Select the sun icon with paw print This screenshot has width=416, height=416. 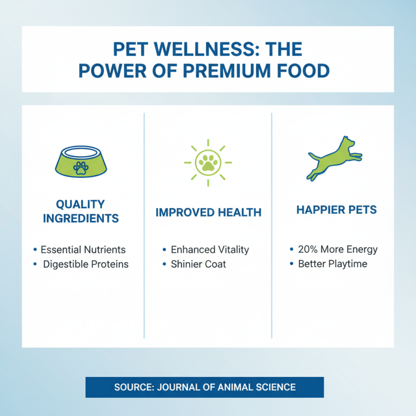tap(207, 162)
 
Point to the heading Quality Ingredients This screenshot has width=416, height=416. tap(81, 211)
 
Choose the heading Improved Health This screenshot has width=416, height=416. tap(208, 212)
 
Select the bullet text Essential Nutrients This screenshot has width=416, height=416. tap(83, 250)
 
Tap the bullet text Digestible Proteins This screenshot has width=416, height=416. tap(85, 264)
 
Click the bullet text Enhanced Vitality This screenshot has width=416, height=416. tap(210, 250)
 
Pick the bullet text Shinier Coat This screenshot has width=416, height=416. tap(198, 264)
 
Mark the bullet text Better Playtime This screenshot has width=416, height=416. tap(332, 264)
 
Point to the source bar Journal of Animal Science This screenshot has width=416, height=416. tap(204, 387)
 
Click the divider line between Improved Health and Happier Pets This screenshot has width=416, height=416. tap(271, 224)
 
